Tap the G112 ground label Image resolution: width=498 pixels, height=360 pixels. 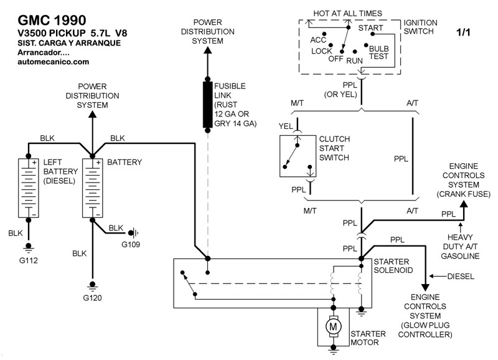pos(29,260)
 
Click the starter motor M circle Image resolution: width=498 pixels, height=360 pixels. pos(334,325)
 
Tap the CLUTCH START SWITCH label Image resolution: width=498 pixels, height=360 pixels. pos(334,148)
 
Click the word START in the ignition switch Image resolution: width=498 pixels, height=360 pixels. pos(371,28)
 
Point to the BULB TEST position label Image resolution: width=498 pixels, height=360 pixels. pos(378,52)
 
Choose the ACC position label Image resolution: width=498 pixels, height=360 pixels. pos(318,40)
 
